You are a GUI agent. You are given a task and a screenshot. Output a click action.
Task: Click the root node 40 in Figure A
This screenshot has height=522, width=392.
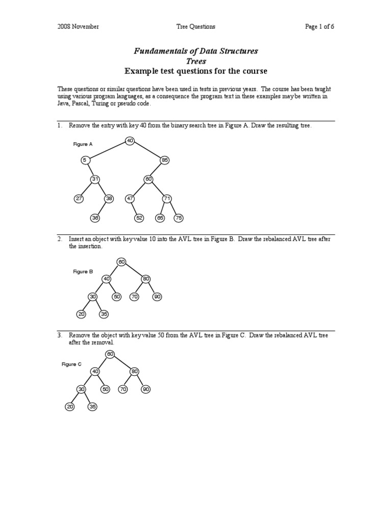click(x=130, y=140)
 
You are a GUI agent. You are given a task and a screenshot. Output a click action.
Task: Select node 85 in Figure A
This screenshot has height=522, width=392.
click(x=164, y=160)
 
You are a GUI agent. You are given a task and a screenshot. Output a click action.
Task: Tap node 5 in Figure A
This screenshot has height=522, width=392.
click(x=85, y=160)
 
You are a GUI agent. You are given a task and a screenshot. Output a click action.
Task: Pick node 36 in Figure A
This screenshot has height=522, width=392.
click(x=94, y=218)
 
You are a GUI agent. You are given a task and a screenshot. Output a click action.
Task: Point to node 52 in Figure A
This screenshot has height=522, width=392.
click(x=139, y=218)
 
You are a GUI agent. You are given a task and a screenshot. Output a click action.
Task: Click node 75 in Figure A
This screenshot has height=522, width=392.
click(x=178, y=218)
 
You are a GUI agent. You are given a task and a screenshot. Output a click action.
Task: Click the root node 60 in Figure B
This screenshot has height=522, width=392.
click(x=121, y=262)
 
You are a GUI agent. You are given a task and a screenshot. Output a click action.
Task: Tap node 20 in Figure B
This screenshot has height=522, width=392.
click(x=81, y=314)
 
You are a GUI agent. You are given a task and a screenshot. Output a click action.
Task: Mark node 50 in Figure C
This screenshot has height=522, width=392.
click(x=106, y=389)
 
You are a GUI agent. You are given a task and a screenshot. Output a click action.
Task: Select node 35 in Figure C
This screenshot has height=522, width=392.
click(x=92, y=407)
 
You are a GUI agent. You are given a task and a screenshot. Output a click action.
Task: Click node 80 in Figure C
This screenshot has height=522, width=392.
click(x=134, y=371)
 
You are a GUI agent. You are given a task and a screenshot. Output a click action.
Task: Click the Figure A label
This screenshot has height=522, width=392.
click(x=83, y=144)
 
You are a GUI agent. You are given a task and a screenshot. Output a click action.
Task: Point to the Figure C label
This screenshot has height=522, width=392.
click(x=71, y=364)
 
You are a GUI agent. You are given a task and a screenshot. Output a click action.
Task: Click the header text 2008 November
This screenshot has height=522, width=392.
click(x=78, y=27)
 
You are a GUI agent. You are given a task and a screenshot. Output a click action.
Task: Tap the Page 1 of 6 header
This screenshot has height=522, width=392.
click(x=320, y=27)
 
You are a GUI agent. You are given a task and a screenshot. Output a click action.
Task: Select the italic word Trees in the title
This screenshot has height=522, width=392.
click(x=195, y=61)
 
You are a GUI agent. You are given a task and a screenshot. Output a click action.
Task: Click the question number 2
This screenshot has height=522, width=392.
click(x=60, y=239)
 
